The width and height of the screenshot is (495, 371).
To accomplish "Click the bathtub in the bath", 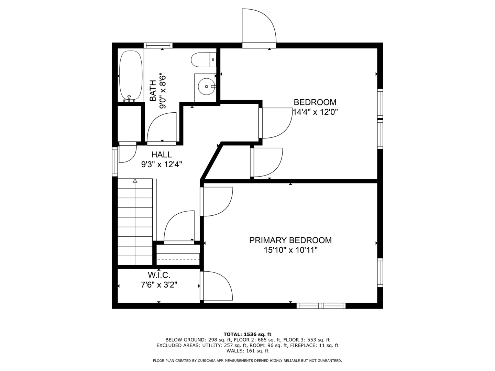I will [131, 76].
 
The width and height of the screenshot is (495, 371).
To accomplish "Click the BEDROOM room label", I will [315, 102].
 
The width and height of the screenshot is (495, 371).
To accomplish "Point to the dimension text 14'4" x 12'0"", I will [315, 112].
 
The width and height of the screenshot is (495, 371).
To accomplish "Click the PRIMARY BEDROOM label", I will [290, 240].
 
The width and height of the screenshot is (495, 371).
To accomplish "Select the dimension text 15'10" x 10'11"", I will [290, 250].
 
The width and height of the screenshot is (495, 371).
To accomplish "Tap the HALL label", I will [161, 155].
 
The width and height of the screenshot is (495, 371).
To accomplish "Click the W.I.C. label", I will [159, 275].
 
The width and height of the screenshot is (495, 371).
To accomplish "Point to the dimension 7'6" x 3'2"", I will [159, 285].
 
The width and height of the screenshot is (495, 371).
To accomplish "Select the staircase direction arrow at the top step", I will [135, 181].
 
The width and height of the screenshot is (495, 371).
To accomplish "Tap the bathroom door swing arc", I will [161, 127].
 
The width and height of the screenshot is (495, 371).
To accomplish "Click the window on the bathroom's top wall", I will [158, 45].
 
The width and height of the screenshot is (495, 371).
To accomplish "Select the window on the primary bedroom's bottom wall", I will [321, 306].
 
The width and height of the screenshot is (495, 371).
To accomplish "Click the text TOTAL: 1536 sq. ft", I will [247, 334].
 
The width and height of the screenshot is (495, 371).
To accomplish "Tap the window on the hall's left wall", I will [115, 161].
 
